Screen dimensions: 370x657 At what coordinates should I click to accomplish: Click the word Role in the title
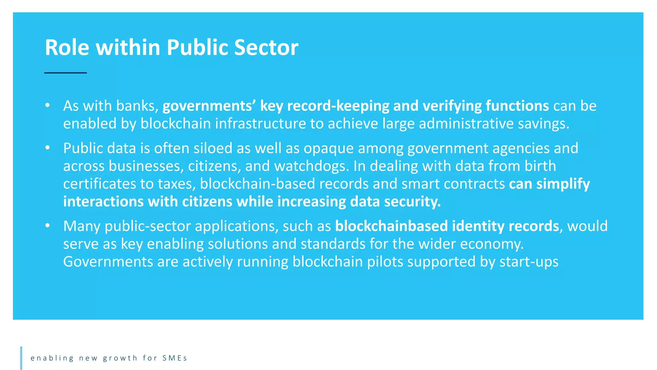67,48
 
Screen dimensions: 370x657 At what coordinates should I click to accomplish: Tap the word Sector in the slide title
266,48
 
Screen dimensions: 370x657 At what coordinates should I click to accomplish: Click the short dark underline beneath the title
65,73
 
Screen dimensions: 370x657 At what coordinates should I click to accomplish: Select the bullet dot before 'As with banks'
47,105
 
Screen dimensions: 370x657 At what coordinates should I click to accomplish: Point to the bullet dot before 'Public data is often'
47,147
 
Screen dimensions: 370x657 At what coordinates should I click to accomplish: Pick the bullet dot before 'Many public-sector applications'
47,225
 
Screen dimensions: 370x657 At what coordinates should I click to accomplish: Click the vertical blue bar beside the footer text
21,358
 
